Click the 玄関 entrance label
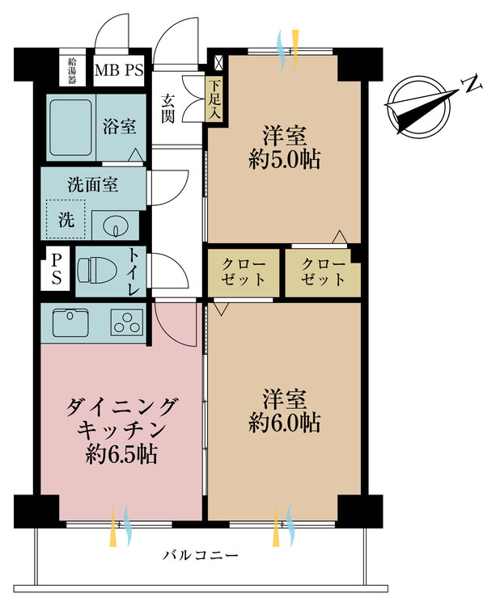tap(167, 108)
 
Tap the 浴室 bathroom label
tap(120, 127)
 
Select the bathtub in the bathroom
tap(70, 128)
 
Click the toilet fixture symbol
tap(97, 270)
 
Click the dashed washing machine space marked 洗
tap(66, 219)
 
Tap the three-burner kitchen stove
tap(127, 322)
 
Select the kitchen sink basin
tap(70, 322)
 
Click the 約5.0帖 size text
tap(285, 159)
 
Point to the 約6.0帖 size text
tap(285, 423)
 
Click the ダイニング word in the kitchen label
tap(121, 406)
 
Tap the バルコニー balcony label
tap(200, 556)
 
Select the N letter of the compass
tap(472, 84)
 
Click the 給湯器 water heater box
tap(72, 71)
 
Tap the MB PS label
tap(119, 71)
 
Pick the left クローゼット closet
tap(244, 272)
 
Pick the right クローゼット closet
tap(323, 272)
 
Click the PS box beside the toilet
tap(56, 269)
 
